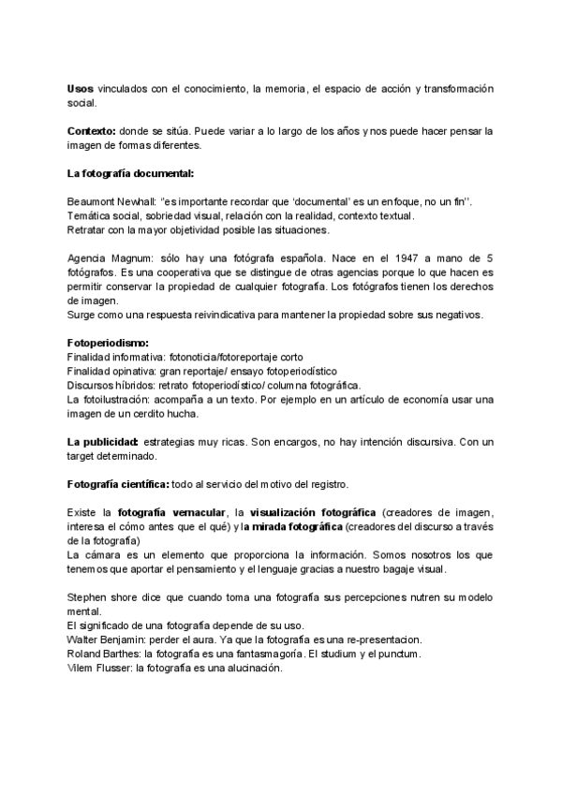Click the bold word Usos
[81, 88]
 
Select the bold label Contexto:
[92, 131]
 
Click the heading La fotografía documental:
[131, 173]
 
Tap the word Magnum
[130, 257]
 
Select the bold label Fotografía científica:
[118, 484]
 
